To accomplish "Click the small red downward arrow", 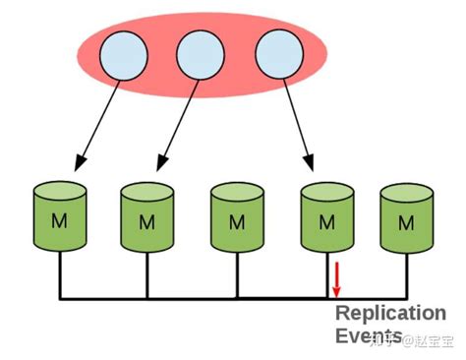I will [336, 279].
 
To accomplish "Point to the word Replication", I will [390, 314].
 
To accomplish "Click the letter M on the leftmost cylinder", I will [60, 221].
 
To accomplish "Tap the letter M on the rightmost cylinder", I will [406, 223].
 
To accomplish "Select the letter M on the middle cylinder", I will [237, 221].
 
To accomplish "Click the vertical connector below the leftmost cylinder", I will [60, 274].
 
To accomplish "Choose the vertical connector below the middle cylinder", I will [237, 274].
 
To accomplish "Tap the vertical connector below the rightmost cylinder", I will [406, 274].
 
